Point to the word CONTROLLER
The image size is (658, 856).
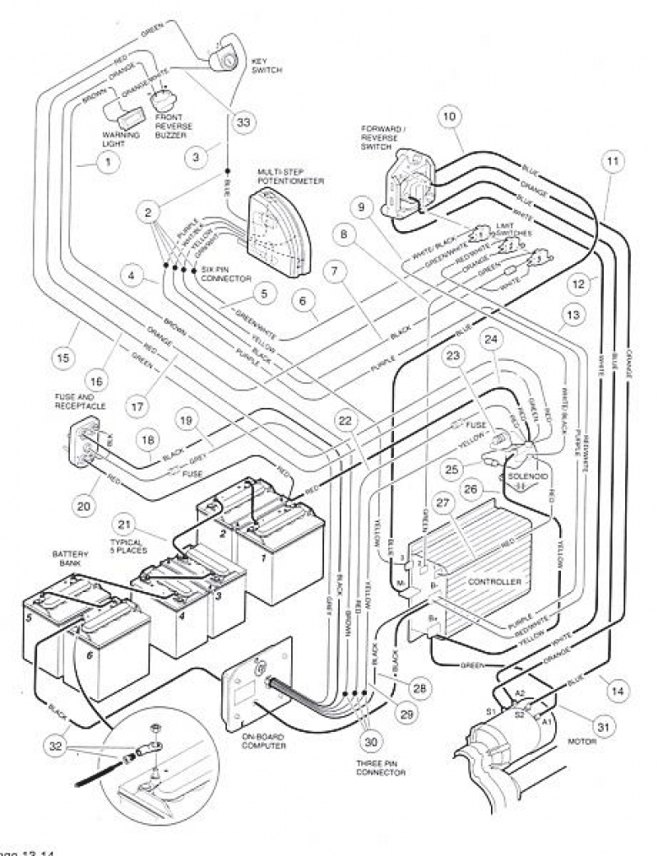click(494, 581)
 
